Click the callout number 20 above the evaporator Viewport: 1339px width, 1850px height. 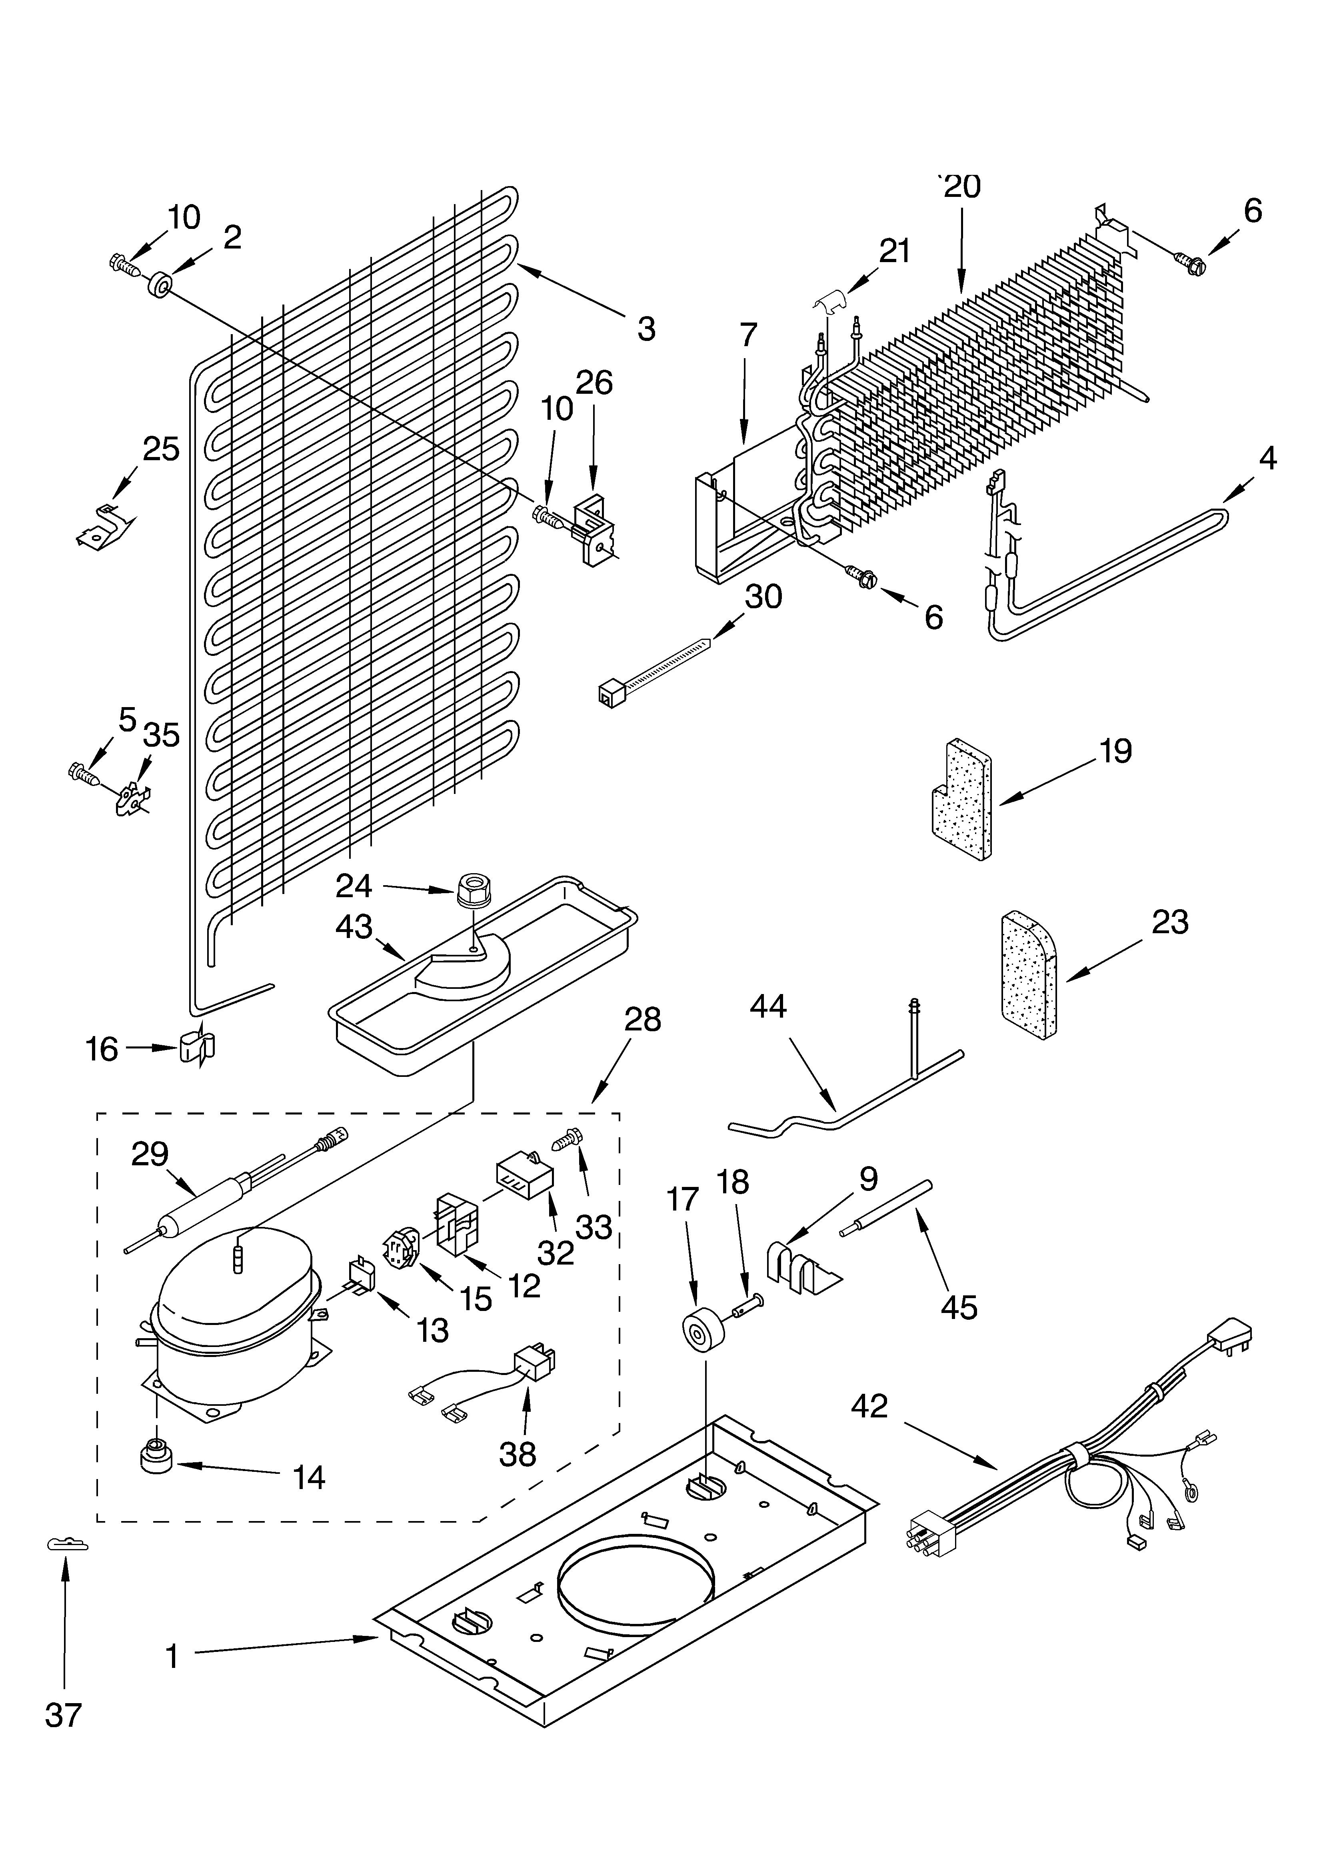click(x=962, y=187)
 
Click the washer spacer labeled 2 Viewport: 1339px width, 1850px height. click(x=160, y=285)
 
